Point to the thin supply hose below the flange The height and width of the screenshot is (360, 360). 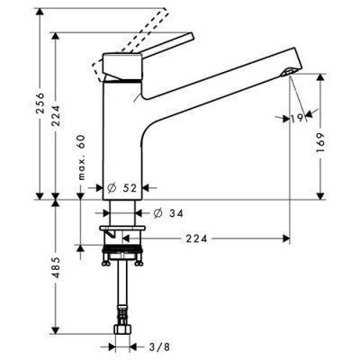pos(121,297)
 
